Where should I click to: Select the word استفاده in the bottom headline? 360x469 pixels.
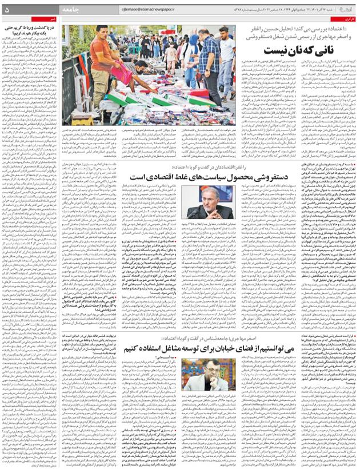171,347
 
